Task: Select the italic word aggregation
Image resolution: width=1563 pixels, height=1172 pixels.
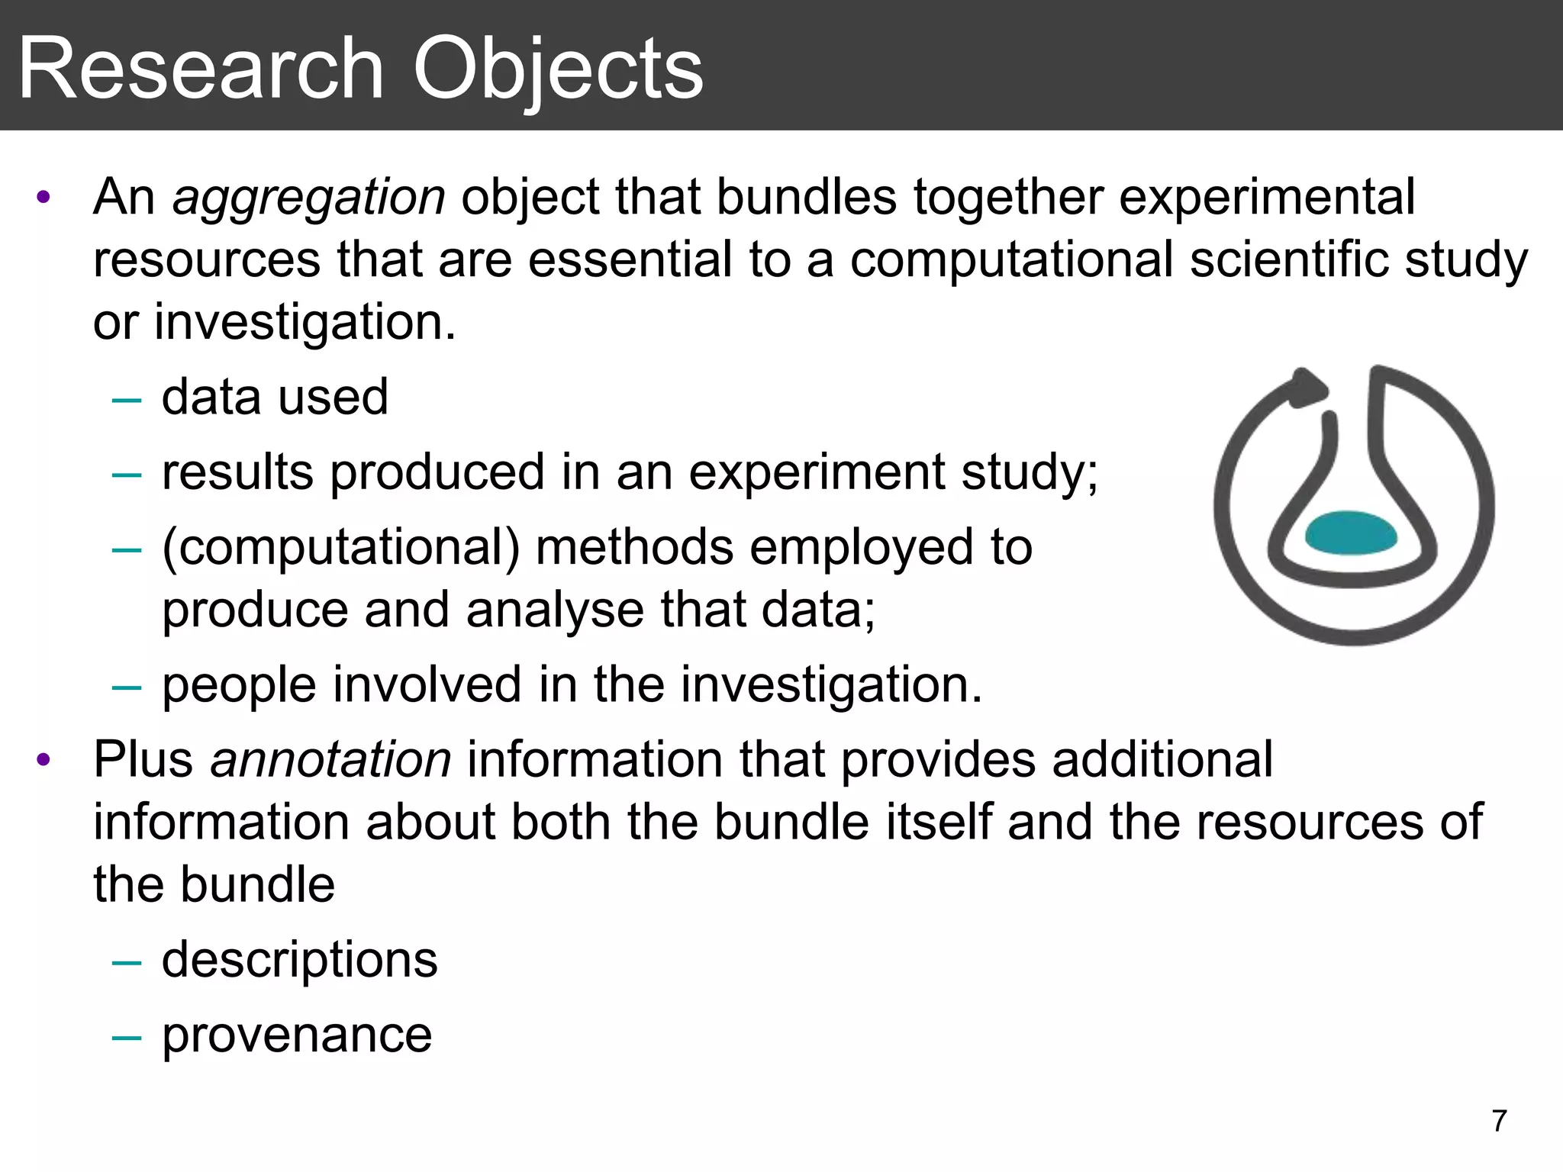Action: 308,198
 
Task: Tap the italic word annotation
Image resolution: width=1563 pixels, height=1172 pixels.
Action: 330,761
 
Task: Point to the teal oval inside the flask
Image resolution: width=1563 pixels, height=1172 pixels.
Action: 1351,532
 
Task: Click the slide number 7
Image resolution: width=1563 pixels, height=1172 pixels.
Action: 1499,1121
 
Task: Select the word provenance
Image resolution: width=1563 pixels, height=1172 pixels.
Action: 297,1035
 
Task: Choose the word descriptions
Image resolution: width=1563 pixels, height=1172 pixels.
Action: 300,960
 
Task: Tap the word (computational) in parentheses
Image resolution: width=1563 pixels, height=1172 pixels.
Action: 340,548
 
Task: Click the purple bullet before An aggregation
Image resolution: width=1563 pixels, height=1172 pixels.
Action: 44,198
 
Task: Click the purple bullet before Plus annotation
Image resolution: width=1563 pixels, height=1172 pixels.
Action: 44,760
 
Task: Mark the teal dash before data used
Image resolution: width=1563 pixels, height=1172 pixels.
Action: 126,399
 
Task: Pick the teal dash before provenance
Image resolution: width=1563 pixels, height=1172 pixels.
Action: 126,1037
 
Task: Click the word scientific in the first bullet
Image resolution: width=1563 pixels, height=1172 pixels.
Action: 1289,260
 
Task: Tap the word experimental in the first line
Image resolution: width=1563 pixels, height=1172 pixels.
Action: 1267,198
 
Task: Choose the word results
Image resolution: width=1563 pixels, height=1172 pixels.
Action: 237,473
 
